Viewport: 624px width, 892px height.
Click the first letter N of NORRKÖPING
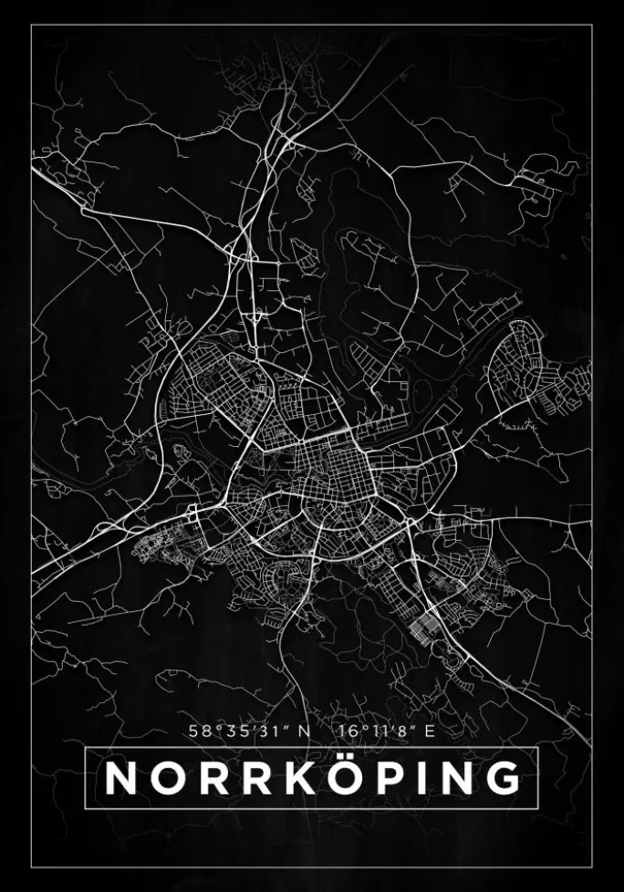click(x=121, y=778)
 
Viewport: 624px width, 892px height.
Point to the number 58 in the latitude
click(x=199, y=730)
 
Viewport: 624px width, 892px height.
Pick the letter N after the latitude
click(x=304, y=730)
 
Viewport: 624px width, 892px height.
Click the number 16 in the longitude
click(x=344, y=730)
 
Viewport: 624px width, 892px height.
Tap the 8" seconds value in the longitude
click(x=395, y=730)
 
